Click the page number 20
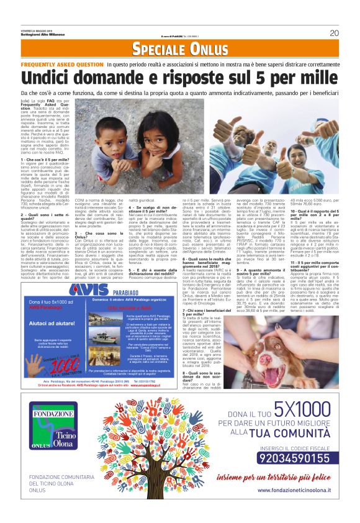point(333,33)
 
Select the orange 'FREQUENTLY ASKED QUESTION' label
point(62,64)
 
